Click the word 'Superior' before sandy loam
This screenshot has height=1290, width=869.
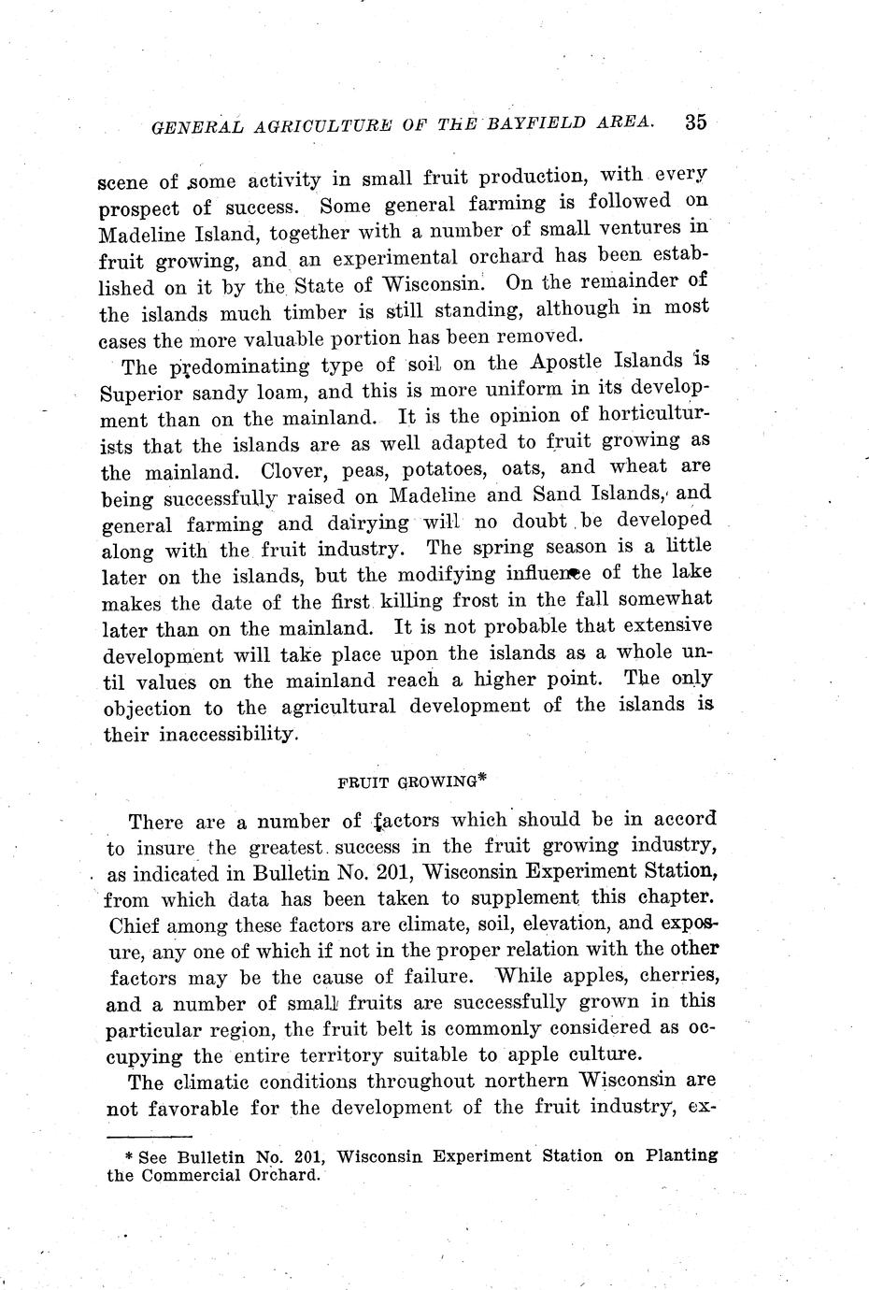coord(140,393)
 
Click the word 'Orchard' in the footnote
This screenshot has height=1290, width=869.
coord(278,1175)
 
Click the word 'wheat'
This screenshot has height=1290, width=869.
coord(638,466)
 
